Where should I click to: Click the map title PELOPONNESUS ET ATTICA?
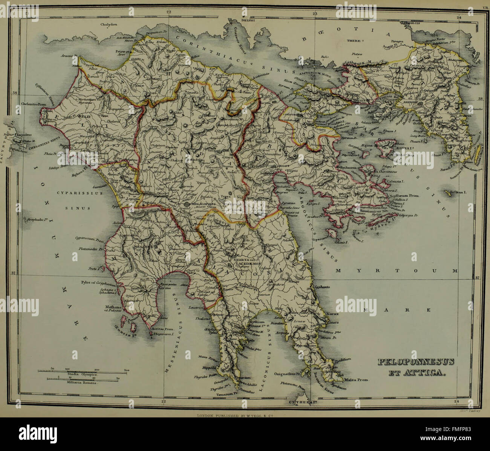[x=416, y=367]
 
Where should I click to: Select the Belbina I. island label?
[x=458, y=192]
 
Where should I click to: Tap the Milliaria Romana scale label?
[x=82, y=382]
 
